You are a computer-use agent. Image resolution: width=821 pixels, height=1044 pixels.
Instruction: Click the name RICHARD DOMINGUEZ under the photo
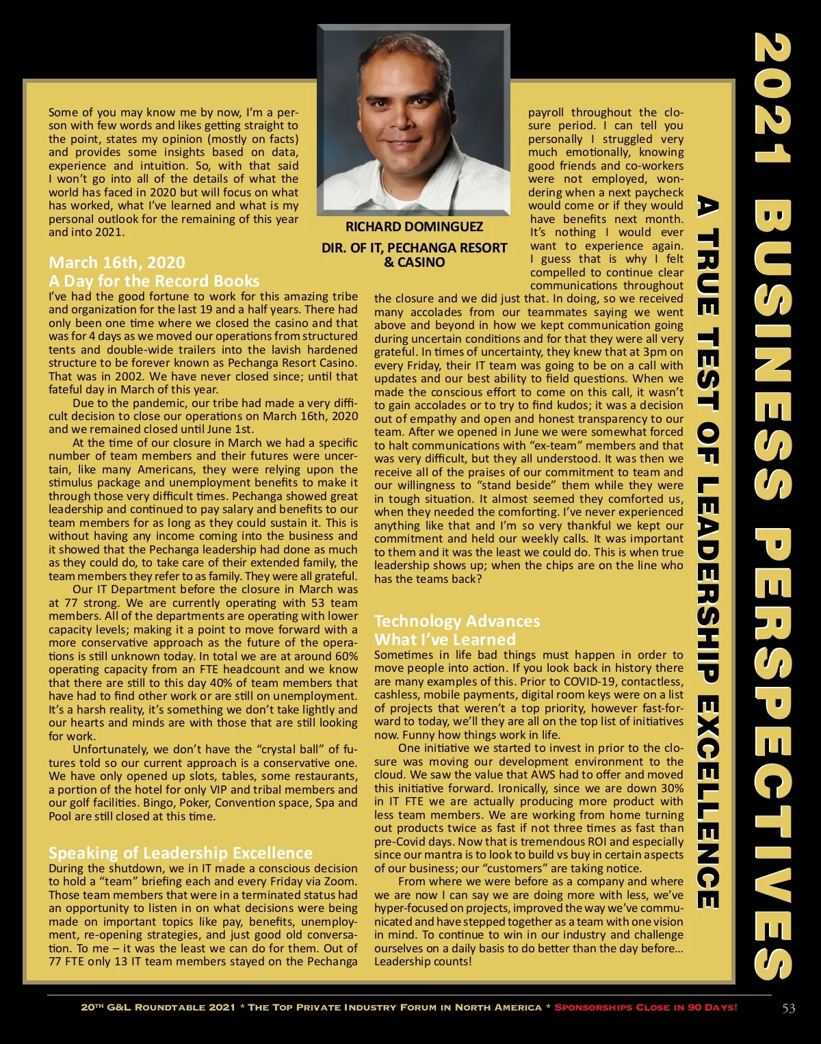pos(414,226)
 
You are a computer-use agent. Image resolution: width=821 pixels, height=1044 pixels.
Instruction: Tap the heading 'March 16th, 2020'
pos(117,263)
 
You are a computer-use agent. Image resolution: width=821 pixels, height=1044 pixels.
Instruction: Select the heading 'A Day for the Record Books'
pos(154,280)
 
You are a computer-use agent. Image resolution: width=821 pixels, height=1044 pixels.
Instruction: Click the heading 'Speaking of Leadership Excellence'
pos(181,852)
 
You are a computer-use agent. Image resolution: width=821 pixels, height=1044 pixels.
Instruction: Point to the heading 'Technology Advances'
pos(457,621)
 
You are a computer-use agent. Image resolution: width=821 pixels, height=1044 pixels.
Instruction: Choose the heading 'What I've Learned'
pos(445,639)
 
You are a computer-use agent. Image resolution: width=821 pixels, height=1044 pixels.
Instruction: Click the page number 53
pos(788,1008)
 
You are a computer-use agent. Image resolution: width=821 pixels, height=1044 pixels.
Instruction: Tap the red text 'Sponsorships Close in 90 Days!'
pos(645,1008)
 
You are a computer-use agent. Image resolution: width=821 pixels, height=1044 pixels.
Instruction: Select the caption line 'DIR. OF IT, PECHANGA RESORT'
pos(414,248)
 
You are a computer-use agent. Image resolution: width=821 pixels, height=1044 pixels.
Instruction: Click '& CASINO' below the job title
pos(414,262)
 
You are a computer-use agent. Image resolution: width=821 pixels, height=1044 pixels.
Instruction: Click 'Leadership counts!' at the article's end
pos(422,961)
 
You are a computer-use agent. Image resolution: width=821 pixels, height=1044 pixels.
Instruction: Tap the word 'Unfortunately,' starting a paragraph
pos(110,749)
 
